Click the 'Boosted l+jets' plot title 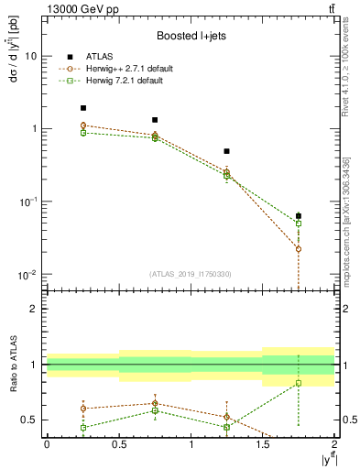click(190, 37)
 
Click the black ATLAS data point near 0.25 click(82, 108)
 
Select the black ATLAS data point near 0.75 click(155, 120)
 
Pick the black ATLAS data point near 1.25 click(226, 151)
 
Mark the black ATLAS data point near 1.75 click(299, 216)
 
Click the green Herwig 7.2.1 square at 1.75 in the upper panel click(299, 224)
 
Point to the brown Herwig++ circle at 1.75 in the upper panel click(299, 249)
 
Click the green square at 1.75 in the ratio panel click(299, 383)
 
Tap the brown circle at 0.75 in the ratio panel click(155, 403)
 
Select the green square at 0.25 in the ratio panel click(82, 428)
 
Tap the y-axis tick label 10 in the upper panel click(30, 56)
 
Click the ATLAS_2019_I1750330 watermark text click(191, 274)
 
